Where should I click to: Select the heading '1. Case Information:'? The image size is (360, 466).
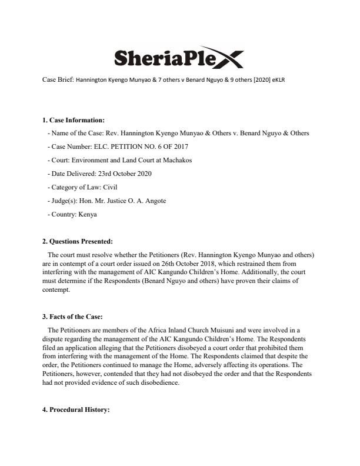click(x=74, y=121)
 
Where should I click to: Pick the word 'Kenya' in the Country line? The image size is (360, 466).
click(x=85, y=214)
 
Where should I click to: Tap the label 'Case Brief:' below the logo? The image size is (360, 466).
click(x=58, y=78)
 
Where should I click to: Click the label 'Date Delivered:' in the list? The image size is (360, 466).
click(x=73, y=174)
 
